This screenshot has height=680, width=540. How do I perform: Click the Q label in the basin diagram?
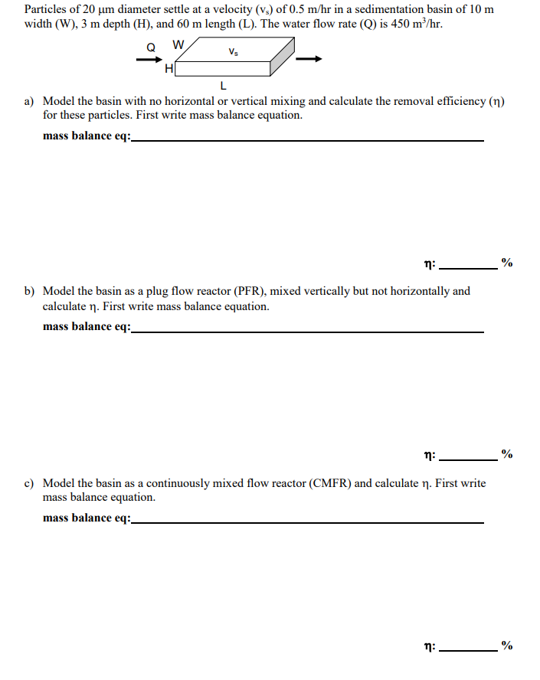151,47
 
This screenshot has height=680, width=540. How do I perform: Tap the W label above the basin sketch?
178,44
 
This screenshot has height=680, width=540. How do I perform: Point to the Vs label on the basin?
232,52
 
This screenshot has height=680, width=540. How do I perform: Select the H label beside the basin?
169,70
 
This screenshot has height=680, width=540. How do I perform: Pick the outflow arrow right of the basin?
309,59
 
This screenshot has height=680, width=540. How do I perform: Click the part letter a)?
30,101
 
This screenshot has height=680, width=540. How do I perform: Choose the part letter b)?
30,291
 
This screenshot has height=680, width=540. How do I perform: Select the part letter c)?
30,483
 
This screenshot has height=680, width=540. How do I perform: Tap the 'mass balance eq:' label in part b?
87,327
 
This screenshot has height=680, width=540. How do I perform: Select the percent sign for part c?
506,645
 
